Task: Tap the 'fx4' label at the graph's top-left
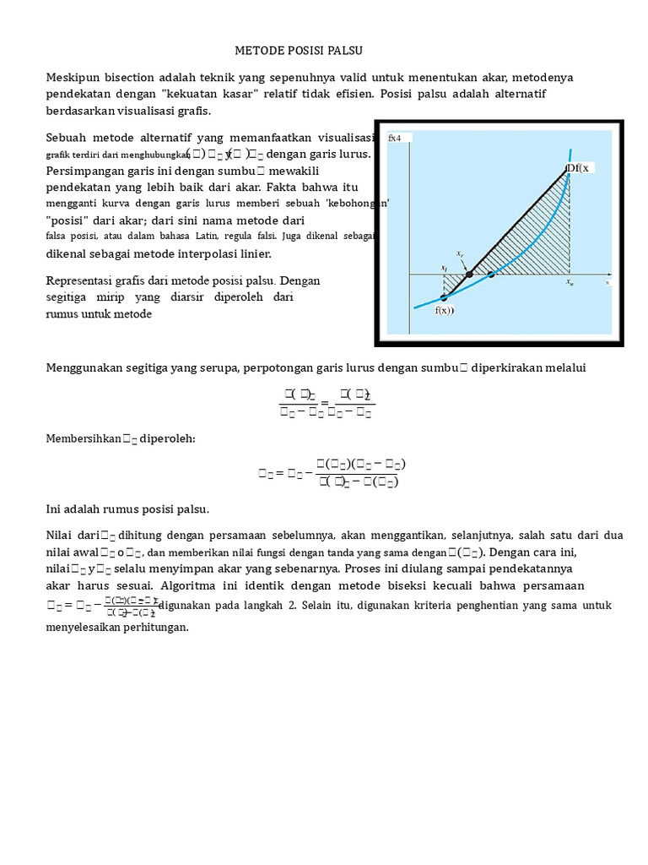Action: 394,138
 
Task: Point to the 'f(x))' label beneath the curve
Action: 445,310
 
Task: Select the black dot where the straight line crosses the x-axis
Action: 469,275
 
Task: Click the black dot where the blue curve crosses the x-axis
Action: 491,275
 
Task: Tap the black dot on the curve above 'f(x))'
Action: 444,297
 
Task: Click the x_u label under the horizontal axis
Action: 571,283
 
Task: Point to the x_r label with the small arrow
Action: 460,253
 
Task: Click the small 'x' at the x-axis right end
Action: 607,283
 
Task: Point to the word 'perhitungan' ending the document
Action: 152,628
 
